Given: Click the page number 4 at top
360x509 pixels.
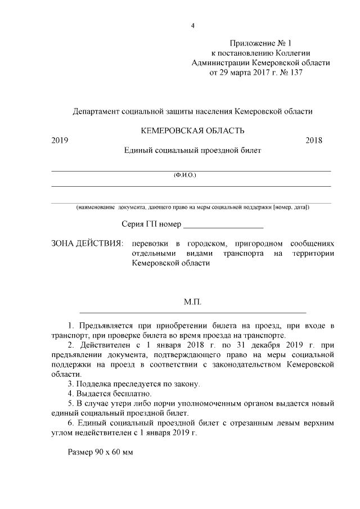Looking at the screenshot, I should (x=192, y=26).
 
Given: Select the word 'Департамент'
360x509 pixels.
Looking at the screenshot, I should (x=97, y=111).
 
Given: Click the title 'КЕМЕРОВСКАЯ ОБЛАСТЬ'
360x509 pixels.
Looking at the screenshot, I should (x=192, y=130).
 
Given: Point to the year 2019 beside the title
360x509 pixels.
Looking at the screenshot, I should (x=60, y=141).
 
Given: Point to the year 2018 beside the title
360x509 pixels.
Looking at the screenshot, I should (x=314, y=141).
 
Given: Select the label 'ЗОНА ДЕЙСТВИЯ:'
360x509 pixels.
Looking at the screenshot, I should (x=87, y=244).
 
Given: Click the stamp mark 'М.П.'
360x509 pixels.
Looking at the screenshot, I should (x=192, y=302).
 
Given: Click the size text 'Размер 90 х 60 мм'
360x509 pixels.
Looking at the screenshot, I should (x=100, y=453).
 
